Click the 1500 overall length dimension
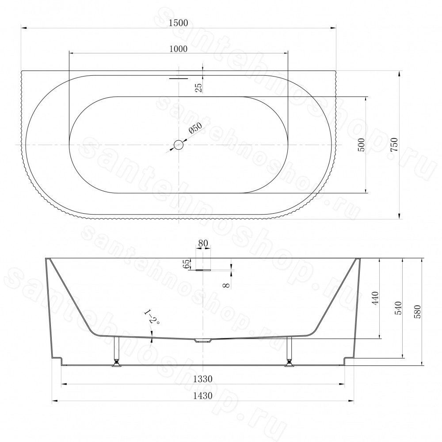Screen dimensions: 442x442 coord(179,23)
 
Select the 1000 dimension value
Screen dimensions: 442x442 coord(179,49)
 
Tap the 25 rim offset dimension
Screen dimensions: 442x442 coord(199,88)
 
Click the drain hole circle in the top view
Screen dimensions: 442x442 coord(179,145)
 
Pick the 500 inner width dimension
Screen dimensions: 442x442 coord(362,145)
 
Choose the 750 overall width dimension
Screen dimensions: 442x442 coord(394,145)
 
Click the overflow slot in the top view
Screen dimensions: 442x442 coord(179,78)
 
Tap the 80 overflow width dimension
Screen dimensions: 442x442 coord(203,243)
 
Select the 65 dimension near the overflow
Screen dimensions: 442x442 coord(186,264)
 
